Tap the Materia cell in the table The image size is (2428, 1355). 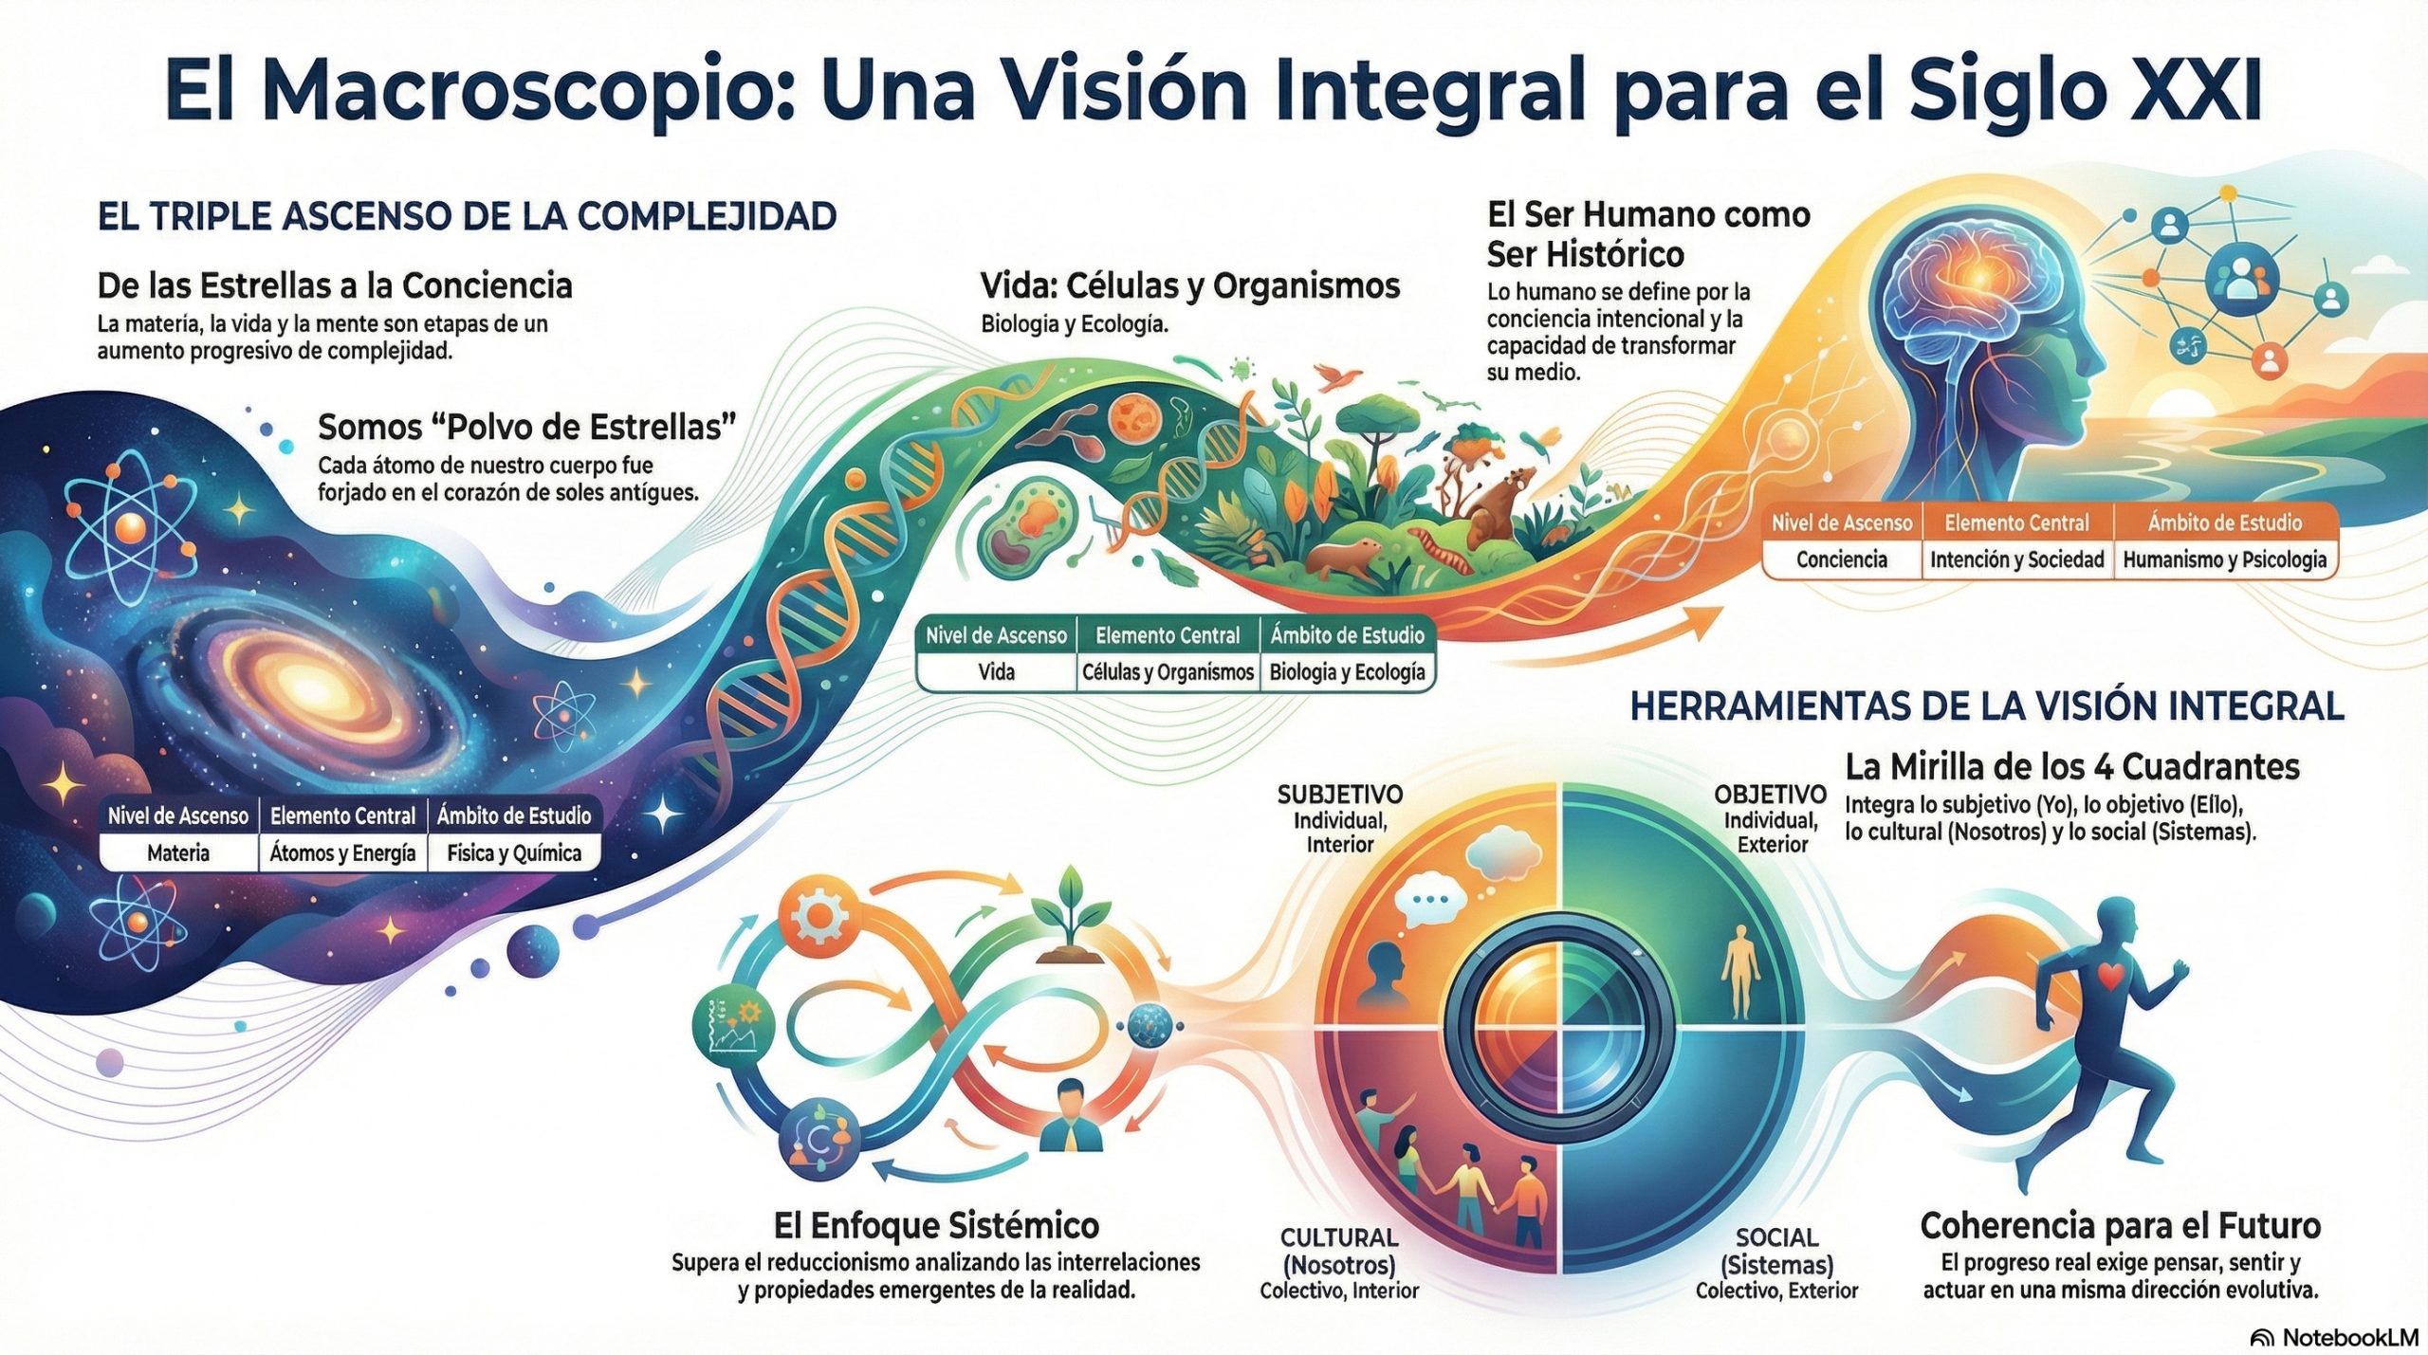178,852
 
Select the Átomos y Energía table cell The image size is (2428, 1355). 342,852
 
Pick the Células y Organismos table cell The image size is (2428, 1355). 1168,672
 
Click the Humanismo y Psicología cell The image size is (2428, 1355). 2224,559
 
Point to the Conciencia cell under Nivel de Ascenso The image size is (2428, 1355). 1841,559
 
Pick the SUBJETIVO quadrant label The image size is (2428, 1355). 1339,795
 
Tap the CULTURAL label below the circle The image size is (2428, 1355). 1339,1237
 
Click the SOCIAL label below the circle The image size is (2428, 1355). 1776,1237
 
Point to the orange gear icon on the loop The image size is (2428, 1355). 818,916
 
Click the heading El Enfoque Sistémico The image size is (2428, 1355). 936,1225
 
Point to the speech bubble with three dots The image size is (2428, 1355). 1430,901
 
